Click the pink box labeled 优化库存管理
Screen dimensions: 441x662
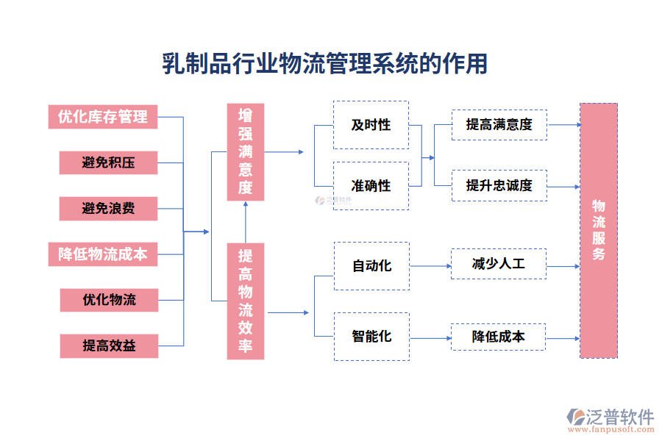[x=103, y=116]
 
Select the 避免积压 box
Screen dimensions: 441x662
[x=108, y=162]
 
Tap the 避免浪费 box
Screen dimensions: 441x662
[x=108, y=209]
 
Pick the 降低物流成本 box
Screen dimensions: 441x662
[x=103, y=254]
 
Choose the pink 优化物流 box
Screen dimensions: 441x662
[x=108, y=300]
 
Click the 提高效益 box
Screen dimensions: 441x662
[x=108, y=345]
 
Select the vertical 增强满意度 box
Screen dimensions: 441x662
[x=245, y=152]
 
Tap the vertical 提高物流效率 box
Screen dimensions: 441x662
[x=245, y=301]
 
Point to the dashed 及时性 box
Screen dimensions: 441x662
[x=371, y=125]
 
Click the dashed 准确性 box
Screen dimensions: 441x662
[x=371, y=186]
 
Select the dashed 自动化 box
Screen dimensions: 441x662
[x=371, y=266]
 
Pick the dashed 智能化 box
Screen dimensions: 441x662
[x=371, y=337]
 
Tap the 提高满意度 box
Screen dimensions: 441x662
[x=499, y=125]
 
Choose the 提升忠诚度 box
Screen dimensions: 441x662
[x=499, y=186]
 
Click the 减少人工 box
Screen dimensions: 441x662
[x=499, y=264]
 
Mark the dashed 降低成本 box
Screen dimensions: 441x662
[x=499, y=337]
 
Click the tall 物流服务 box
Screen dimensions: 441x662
[x=598, y=230]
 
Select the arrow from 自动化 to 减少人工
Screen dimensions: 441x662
[x=430, y=266]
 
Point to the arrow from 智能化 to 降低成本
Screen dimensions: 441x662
[x=430, y=337]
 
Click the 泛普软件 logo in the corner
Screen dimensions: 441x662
[x=611, y=420]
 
